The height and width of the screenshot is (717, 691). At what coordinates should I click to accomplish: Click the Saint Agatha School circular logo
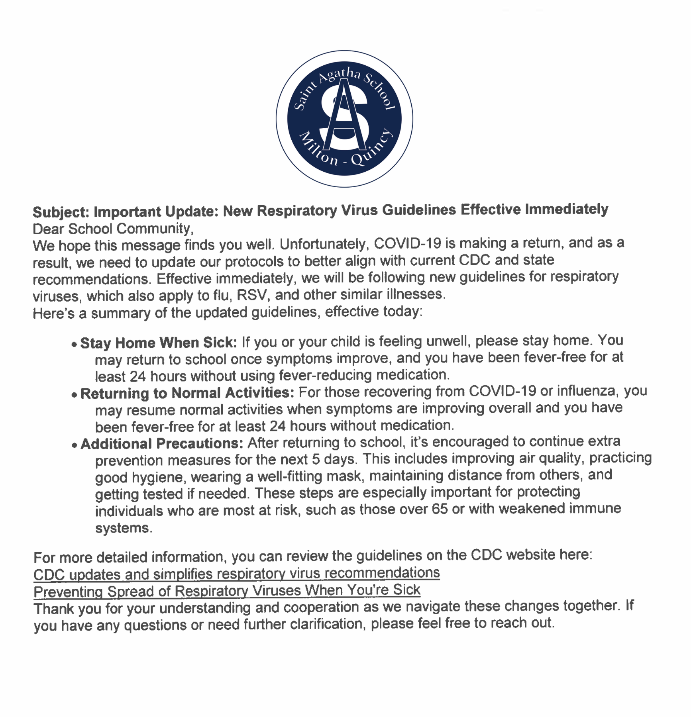click(344, 119)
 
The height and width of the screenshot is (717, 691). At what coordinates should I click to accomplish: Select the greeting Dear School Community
click(113, 229)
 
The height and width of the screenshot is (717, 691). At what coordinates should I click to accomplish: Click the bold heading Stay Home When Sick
click(159, 343)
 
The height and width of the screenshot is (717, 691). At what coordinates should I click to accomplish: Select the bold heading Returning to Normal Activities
click(187, 393)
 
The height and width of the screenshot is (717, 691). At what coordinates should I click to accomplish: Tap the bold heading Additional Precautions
click(162, 444)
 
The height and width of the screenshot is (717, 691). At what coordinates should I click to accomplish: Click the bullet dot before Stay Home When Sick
click(74, 345)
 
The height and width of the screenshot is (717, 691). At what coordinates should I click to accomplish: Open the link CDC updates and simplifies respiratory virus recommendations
click(236, 574)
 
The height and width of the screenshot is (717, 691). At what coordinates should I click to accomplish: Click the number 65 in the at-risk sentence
click(440, 509)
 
